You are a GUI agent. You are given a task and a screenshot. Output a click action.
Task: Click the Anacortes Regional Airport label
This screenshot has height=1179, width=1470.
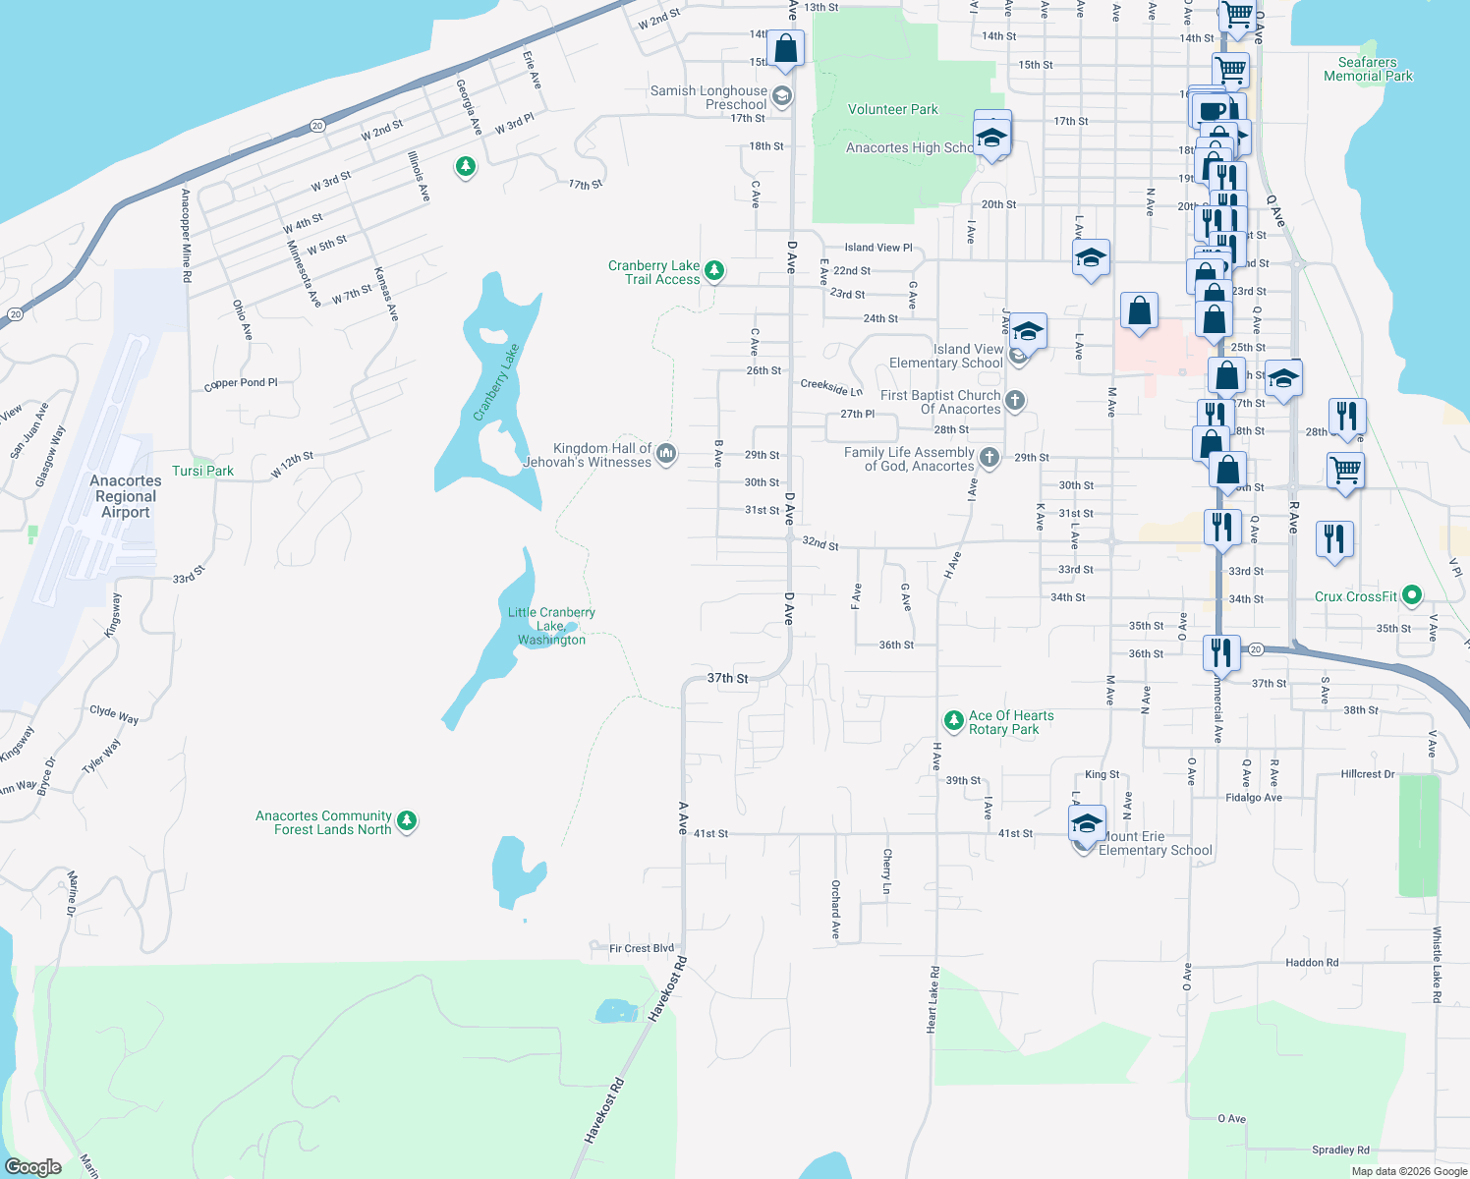pos(126,496)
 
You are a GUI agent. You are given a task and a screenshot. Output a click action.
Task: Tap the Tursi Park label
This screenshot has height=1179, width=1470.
pos(202,471)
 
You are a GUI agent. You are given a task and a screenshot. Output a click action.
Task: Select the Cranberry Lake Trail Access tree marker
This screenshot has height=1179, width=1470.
pos(715,270)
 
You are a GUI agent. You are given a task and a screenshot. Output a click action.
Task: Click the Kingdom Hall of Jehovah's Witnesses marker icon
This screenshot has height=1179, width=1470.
pos(666,453)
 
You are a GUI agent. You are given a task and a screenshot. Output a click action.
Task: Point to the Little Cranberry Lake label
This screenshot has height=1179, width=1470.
pos(551,626)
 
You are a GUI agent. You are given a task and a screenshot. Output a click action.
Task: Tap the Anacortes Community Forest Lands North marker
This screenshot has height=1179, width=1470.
pos(407,819)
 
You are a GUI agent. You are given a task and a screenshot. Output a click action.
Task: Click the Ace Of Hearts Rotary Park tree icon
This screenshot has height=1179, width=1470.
pos(953,720)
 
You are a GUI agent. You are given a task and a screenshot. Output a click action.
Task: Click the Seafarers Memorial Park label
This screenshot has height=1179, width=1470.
pos(1368,69)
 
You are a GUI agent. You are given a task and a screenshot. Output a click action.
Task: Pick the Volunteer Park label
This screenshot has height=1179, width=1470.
pos(892,109)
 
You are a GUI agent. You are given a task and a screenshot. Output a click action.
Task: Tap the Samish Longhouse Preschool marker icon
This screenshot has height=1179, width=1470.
pos(782,95)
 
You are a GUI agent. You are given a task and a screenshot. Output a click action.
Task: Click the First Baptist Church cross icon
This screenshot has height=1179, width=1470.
pos(1015,400)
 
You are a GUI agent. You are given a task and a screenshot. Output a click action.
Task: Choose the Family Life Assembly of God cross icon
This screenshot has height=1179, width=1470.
pos(989,457)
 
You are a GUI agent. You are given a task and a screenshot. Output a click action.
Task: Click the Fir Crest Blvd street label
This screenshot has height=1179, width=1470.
pos(642,948)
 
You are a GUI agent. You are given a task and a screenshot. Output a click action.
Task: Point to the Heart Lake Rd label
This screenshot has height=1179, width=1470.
pos(933,999)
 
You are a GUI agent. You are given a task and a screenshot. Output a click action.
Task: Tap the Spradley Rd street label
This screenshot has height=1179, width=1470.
pos(1340,1150)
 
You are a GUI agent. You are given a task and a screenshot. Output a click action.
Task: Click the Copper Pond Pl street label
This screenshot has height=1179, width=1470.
pos(241,383)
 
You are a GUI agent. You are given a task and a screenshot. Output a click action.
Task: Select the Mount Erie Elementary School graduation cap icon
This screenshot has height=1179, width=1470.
pos(1087,823)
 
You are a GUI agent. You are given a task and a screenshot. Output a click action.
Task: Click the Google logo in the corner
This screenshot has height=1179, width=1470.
pos(33,1167)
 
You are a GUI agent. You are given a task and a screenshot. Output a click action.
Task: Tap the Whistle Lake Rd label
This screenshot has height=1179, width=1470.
pos(1437,964)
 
